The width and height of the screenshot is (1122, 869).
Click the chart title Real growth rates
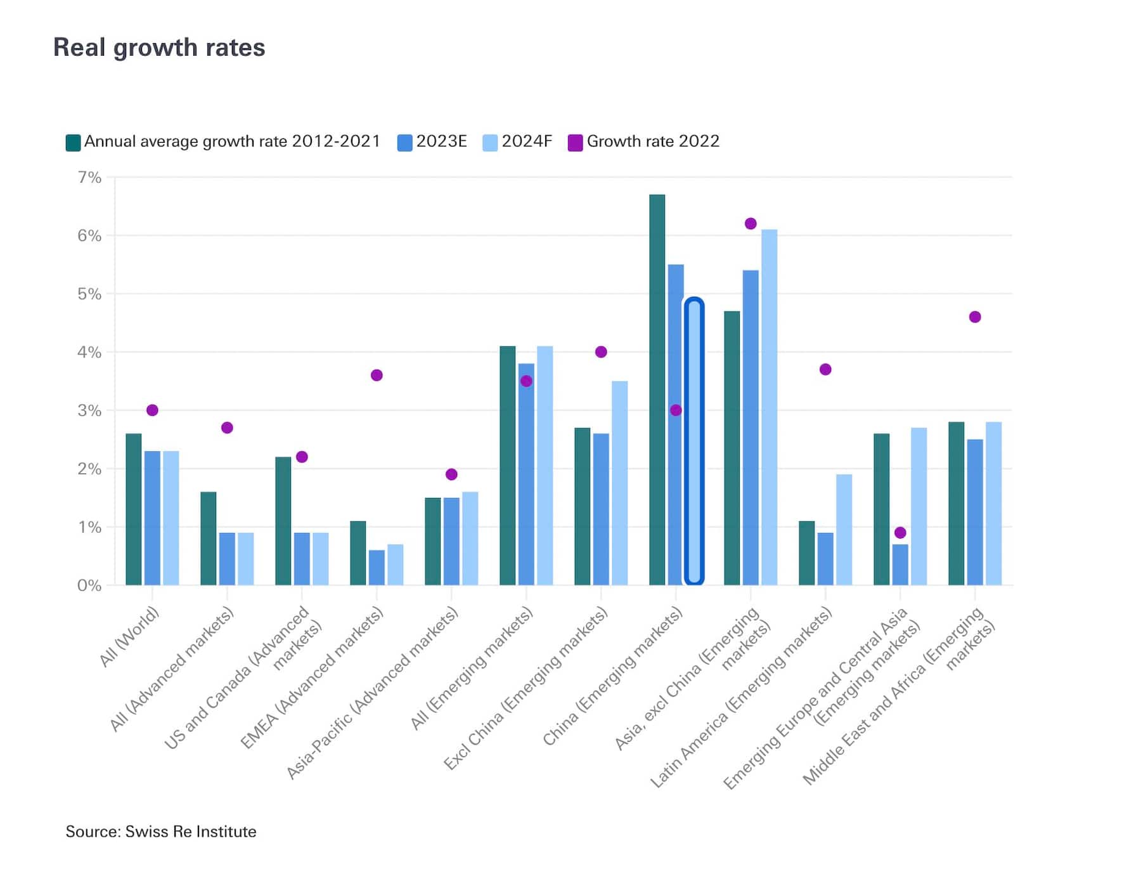158,48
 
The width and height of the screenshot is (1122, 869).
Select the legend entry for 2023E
432,141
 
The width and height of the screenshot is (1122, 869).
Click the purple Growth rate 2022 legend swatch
575,143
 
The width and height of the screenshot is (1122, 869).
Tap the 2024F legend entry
518,141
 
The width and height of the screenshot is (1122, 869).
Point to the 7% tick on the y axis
89,178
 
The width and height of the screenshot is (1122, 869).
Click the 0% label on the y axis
89,585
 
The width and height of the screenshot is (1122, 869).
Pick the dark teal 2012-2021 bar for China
657,390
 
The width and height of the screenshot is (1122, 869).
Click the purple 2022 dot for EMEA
377,376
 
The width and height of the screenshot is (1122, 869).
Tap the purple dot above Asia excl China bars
751,224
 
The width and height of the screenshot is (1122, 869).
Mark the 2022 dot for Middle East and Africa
975,317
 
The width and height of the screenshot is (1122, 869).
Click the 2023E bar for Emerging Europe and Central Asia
900,565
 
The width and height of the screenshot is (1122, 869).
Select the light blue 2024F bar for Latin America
844,530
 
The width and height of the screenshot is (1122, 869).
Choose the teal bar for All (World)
134,509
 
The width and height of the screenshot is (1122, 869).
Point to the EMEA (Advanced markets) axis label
312,677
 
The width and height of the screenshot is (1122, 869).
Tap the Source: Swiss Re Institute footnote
161,832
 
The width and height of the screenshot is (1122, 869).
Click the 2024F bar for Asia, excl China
769,407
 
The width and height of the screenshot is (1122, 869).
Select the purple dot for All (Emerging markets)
526,381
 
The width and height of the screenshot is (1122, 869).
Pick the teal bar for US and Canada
283,521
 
